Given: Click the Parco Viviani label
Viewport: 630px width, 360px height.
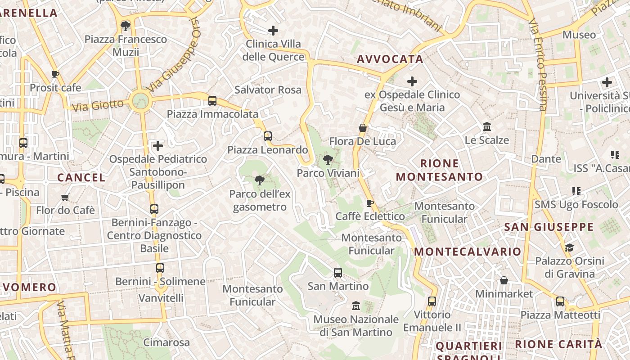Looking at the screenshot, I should click(328, 173).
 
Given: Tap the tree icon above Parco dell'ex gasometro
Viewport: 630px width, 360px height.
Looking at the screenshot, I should click(259, 181).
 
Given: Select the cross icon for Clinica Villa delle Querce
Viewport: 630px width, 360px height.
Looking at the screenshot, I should click(273, 31).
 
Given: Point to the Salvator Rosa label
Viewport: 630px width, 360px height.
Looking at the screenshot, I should click(268, 90).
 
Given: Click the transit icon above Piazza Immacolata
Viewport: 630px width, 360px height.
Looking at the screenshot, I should click(212, 101).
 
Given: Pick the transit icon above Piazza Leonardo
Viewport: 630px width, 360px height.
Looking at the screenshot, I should click(268, 136).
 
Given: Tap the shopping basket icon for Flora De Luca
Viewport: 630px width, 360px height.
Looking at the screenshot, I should click(363, 128).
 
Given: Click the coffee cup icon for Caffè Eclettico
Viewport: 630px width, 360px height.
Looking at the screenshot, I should click(370, 203).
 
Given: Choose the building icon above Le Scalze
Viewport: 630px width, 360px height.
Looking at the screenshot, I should click(487, 127).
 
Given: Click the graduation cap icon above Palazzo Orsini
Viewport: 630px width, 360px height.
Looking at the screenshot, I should click(570, 247).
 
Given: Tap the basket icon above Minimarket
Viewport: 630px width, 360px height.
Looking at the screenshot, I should click(504, 281).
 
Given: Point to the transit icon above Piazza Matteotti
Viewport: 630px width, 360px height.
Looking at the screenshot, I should click(560, 301).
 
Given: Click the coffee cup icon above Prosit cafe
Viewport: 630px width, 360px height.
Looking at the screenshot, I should click(55, 74).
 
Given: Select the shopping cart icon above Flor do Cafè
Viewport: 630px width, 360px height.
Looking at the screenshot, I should click(65, 197).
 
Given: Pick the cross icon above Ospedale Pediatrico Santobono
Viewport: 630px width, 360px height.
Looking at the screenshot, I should click(158, 146).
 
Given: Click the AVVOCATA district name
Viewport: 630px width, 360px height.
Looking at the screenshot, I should click(390, 59).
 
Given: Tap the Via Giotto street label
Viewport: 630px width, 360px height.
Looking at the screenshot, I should click(98, 106).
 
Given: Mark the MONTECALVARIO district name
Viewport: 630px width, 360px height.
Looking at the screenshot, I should click(468, 252).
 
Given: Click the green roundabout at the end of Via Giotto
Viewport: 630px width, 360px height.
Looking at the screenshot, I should click(140, 100).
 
